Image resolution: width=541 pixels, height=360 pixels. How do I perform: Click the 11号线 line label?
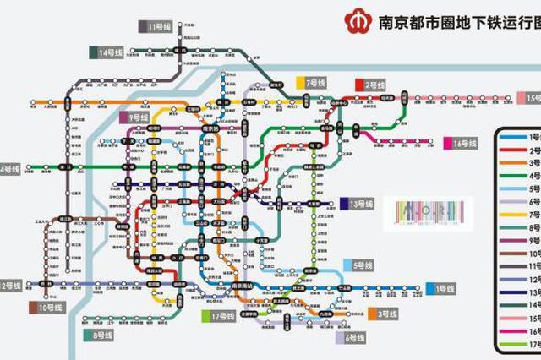[x=158, y=27]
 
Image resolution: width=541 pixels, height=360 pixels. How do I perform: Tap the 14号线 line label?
[x=109, y=52]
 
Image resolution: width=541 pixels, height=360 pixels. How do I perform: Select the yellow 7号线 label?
[x=314, y=83]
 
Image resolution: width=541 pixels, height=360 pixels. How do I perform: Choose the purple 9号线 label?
[x=138, y=117]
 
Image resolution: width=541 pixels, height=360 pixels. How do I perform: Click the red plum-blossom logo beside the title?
[x=355, y=19]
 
